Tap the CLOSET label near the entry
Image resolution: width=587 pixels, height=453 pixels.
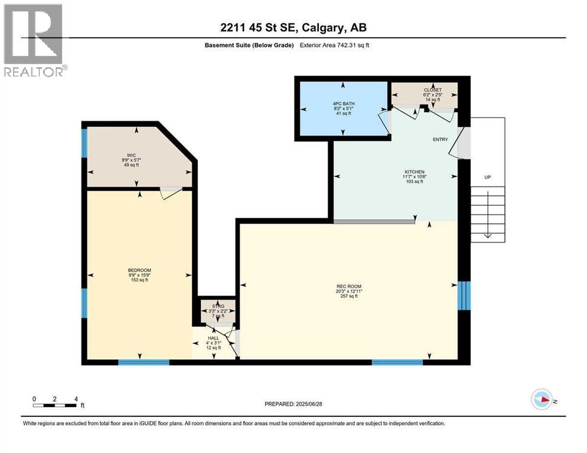(425, 90)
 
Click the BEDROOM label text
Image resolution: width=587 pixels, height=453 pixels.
(139, 270)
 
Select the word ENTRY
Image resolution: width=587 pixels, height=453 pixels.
(440, 140)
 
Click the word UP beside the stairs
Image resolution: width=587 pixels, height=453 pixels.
(487, 177)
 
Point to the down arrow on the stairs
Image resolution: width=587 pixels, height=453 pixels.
(488, 235)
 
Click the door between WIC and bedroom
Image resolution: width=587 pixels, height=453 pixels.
(171, 192)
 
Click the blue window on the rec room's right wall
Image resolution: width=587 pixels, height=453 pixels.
(465, 295)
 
